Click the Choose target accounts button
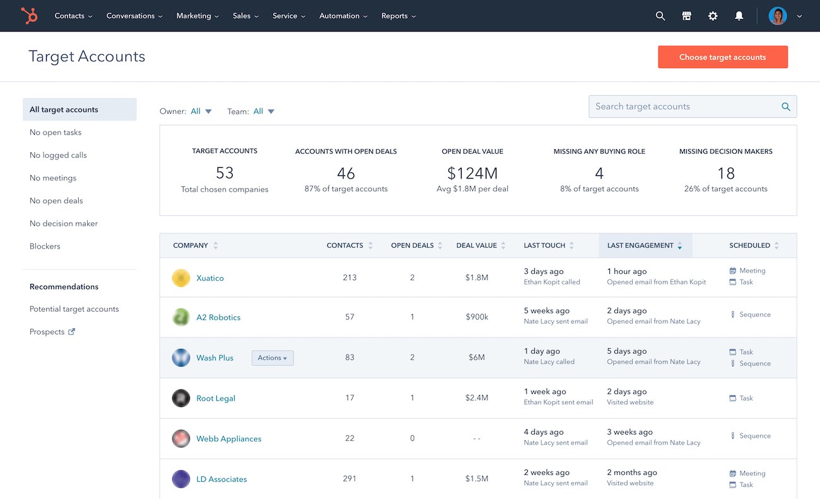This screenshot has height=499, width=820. [722, 57]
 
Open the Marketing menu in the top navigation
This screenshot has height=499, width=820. [197, 16]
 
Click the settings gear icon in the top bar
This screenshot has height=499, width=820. [713, 16]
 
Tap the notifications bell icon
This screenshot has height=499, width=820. [739, 16]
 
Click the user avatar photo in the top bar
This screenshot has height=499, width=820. [777, 16]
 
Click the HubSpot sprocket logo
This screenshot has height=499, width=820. [29, 16]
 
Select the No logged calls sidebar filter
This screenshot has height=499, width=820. [58, 155]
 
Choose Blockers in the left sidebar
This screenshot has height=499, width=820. [45, 246]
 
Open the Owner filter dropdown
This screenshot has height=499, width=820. [201, 112]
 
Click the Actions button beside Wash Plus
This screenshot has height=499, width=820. [272, 358]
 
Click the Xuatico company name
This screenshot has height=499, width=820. [210, 278]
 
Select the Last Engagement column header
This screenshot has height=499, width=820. [640, 245]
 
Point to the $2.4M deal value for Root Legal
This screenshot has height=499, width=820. [476, 398]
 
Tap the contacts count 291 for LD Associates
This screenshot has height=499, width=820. [349, 479]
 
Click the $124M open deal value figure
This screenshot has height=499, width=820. [472, 173]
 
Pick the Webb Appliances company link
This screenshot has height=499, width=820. [228, 439]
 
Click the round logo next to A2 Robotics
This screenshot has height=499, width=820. [181, 317]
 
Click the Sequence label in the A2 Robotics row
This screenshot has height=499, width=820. [754, 315]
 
